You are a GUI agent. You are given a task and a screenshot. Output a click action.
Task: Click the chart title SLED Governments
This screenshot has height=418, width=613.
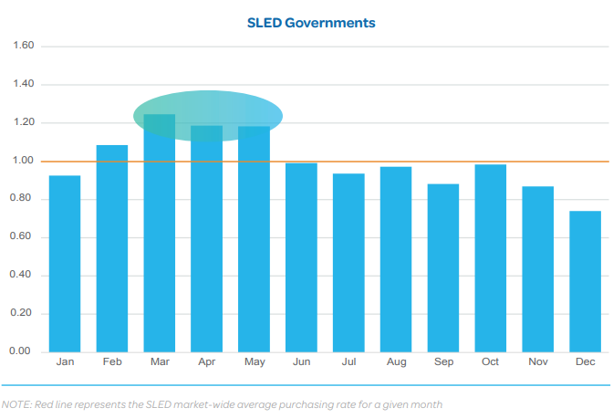point(311,23)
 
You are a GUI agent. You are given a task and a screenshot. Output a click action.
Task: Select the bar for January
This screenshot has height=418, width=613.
point(65,264)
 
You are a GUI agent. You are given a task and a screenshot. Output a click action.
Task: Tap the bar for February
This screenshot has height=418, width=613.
point(112,248)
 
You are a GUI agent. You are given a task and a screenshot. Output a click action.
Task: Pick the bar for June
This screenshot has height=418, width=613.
point(301,257)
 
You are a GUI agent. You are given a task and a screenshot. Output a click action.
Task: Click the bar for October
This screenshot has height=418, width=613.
point(491,258)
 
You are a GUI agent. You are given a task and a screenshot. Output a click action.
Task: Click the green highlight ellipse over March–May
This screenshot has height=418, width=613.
point(208,115)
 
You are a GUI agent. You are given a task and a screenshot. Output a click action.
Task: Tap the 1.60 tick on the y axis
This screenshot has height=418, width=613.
point(22,46)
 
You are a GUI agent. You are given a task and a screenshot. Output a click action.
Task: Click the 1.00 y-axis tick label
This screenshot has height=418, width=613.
point(22,161)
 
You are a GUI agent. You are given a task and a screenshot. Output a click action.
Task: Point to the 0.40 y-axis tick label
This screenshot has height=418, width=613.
point(22,275)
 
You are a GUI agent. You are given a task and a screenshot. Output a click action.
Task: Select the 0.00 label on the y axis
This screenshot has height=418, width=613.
point(22,351)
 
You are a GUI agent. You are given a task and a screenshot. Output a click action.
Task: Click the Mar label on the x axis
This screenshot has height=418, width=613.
point(160,363)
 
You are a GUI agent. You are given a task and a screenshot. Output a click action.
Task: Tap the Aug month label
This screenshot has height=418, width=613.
point(396,363)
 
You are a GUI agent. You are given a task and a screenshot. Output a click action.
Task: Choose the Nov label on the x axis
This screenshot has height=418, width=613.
point(538,363)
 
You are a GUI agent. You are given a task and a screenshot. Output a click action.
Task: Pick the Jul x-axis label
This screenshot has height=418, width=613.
point(348,363)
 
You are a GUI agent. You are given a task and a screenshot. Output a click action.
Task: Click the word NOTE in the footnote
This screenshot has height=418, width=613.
point(16,403)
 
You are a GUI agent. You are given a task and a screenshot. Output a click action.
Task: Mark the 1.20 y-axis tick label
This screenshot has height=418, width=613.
point(22,122)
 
